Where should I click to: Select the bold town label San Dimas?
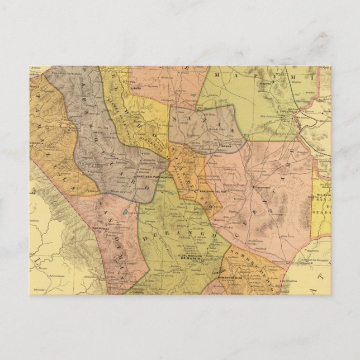click(x=103, y=228)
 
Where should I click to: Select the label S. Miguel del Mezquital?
click(x=307, y=260)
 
